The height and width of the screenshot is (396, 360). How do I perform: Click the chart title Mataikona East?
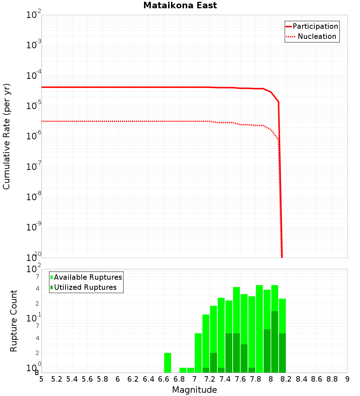(x=180, y=5)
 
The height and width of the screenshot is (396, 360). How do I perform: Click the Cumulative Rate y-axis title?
(x=6, y=136)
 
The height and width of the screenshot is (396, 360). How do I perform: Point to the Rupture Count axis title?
(x=14, y=320)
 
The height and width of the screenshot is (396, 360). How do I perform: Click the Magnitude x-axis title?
(x=194, y=390)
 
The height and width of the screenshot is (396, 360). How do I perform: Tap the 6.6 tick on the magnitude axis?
(x=164, y=379)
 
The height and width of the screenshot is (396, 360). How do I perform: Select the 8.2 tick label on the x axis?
(x=286, y=379)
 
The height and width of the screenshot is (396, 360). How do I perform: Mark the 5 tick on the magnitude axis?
(x=41, y=379)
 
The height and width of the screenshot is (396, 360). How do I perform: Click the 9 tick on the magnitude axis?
(x=347, y=379)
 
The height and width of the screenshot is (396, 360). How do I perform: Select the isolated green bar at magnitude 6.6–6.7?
(x=167, y=363)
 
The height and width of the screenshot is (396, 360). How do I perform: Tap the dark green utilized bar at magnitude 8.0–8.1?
(x=275, y=342)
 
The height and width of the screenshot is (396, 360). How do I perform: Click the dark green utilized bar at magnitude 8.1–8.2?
(x=282, y=353)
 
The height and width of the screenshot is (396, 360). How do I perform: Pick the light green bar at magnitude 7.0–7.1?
(x=198, y=353)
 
